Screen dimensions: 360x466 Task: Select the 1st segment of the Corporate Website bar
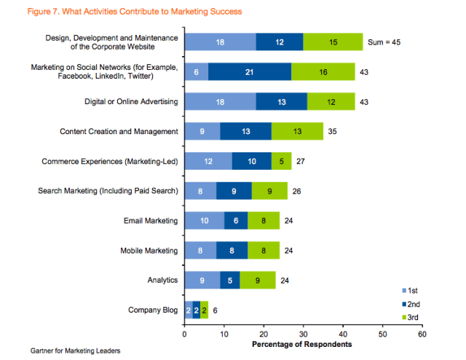coord(220,42)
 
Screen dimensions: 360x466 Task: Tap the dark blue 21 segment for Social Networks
coord(250,71)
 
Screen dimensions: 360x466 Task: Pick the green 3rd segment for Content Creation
coord(296,131)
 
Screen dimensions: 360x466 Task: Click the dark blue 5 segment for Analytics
coord(229,281)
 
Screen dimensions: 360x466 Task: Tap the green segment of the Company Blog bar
coord(205,310)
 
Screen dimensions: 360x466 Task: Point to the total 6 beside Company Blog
coord(216,310)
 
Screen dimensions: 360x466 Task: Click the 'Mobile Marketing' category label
coord(149,251)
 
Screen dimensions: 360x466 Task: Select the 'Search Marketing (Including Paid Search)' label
coord(108,191)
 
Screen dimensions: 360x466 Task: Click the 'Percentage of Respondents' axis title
coord(302,344)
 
